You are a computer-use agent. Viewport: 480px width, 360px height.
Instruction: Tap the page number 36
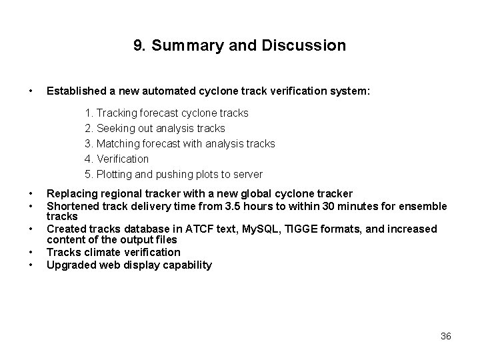click(x=446, y=337)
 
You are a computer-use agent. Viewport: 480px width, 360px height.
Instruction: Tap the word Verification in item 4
click(x=123, y=159)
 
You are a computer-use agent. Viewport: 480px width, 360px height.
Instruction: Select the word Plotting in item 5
click(x=116, y=174)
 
